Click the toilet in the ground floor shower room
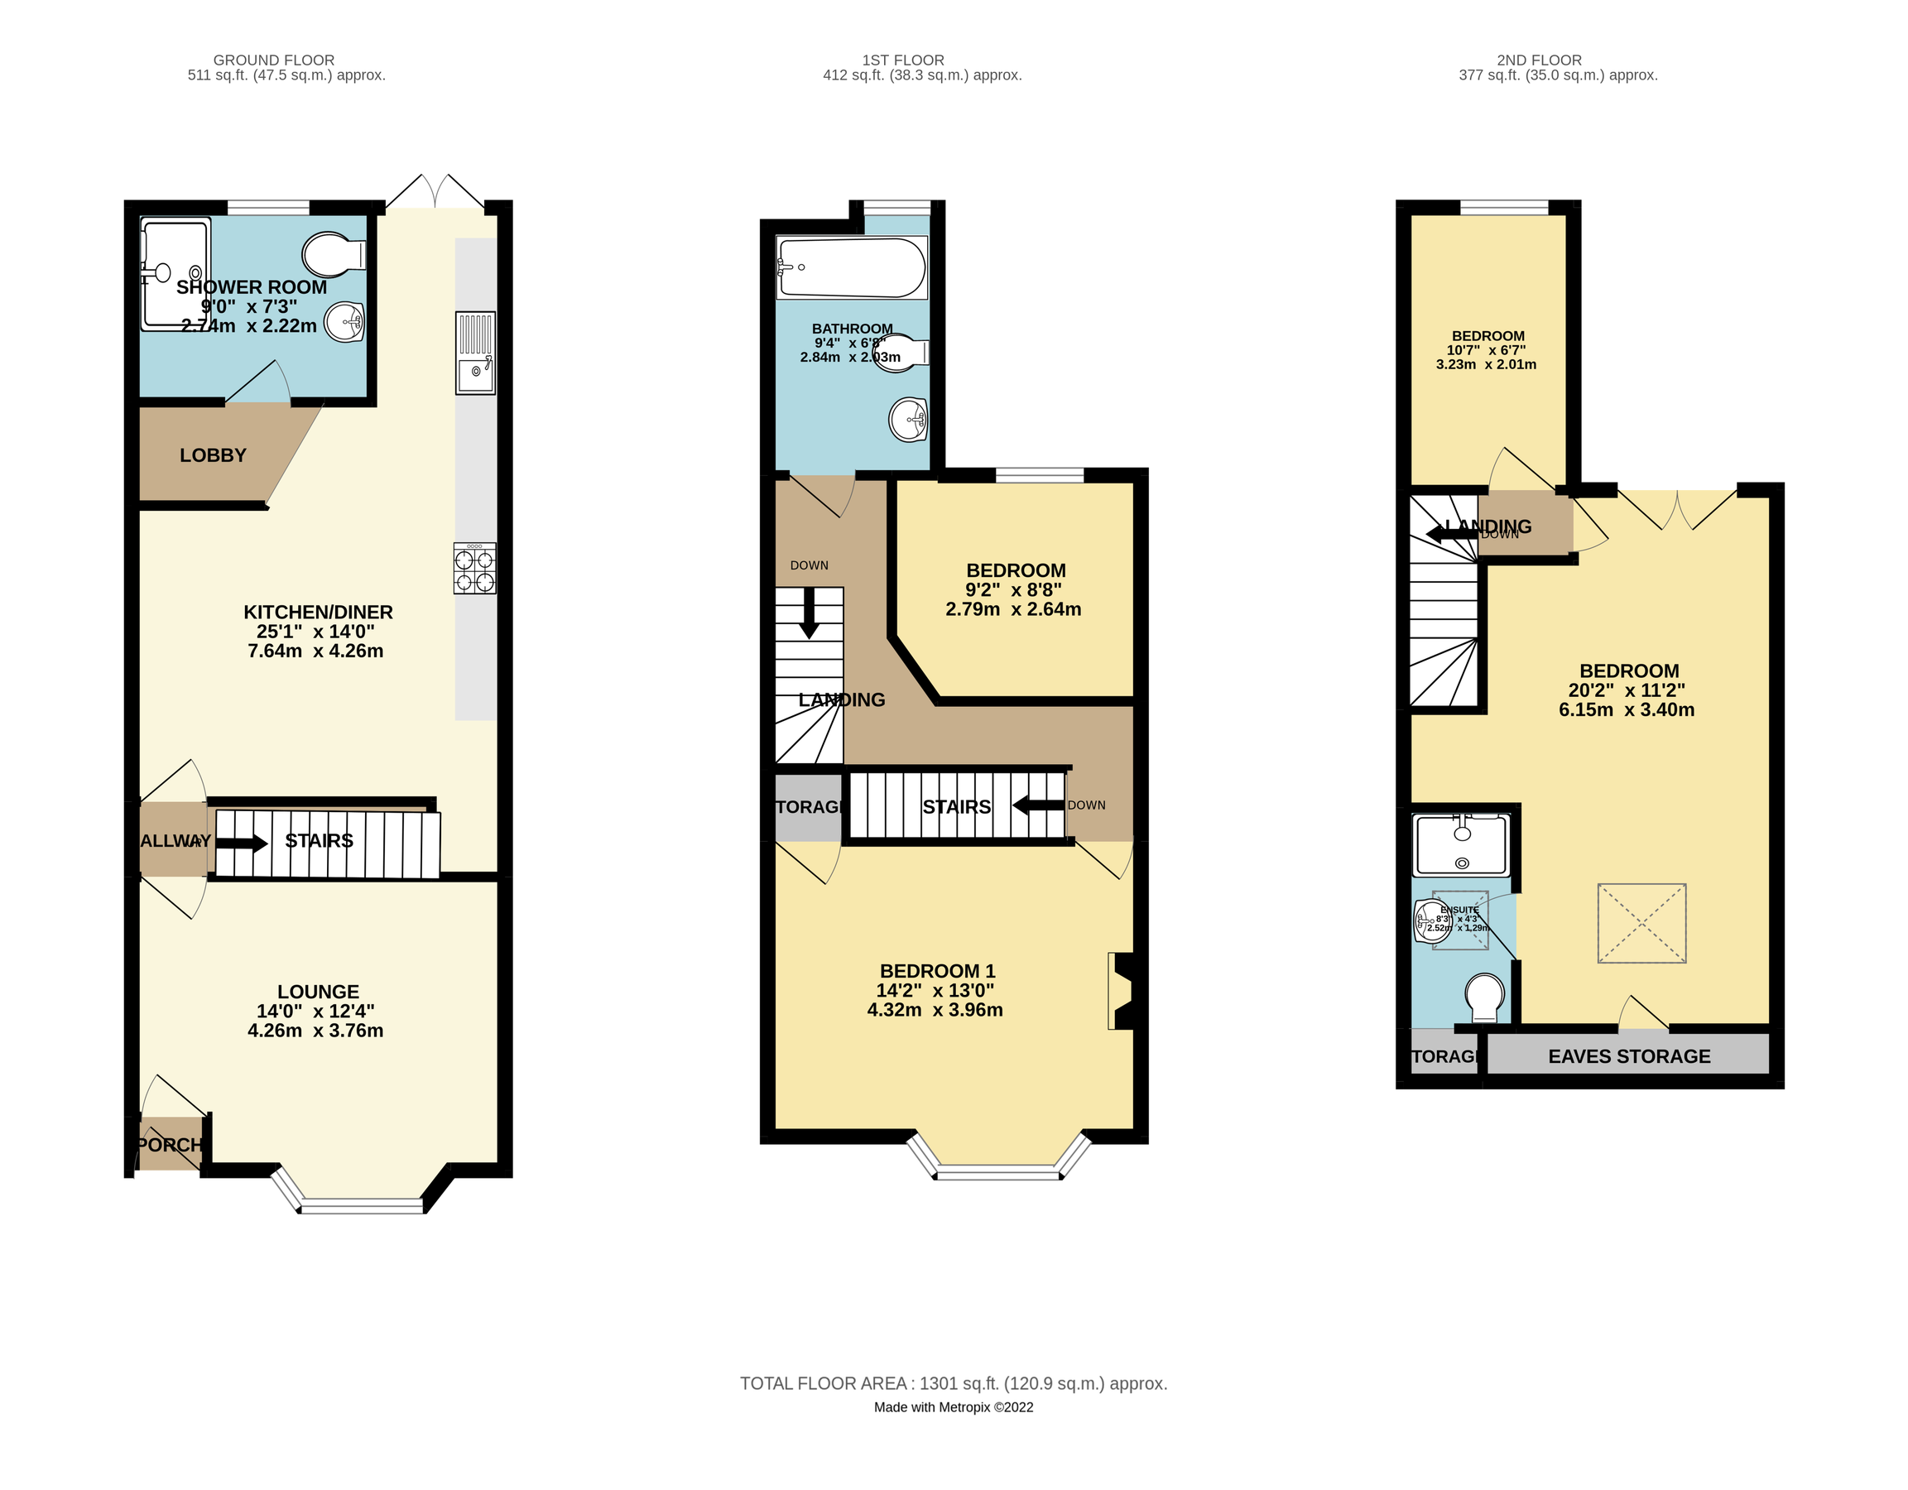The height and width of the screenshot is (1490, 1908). pyautogui.click(x=333, y=254)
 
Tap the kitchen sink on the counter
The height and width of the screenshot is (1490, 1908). pyautogui.click(x=475, y=373)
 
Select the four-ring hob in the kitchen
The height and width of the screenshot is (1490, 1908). pyautogui.click(x=474, y=570)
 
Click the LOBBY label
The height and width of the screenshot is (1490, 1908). pyautogui.click(x=214, y=455)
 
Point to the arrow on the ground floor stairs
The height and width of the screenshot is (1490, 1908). pyautogui.click(x=242, y=844)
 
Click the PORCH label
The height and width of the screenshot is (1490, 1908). pyautogui.click(x=170, y=1144)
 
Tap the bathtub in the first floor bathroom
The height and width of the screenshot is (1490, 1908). pyautogui.click(x=851, y=267)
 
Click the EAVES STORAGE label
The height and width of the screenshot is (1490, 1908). pyautogui.click(x=1628, y=1056)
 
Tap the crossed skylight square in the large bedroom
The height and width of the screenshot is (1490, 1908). pyautogui.click(x=1641, y=923)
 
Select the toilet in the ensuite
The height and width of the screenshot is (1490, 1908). pyautogui.click(x=1484, y=997)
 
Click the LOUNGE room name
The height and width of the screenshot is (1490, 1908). pyautogui.click(x=318, y=992)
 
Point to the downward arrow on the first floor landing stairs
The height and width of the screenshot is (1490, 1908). pyautogui.click(x=809, y=613)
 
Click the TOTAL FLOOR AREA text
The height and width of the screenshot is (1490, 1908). pyautogui.click(x=953, y=1383)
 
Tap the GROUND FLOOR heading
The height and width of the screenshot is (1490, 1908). pyautogui.click(x=273, y=60)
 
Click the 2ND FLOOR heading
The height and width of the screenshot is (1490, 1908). pyautogui.click(x=1539, y=60)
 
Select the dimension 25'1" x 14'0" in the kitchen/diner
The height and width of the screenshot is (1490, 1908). pyautogui.click(x=315, y=632)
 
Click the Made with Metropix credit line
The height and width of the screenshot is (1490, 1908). pyautogui.click(x=953, y=1407)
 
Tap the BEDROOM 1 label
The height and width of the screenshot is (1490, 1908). pyautogui.click(x=936, y=971)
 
